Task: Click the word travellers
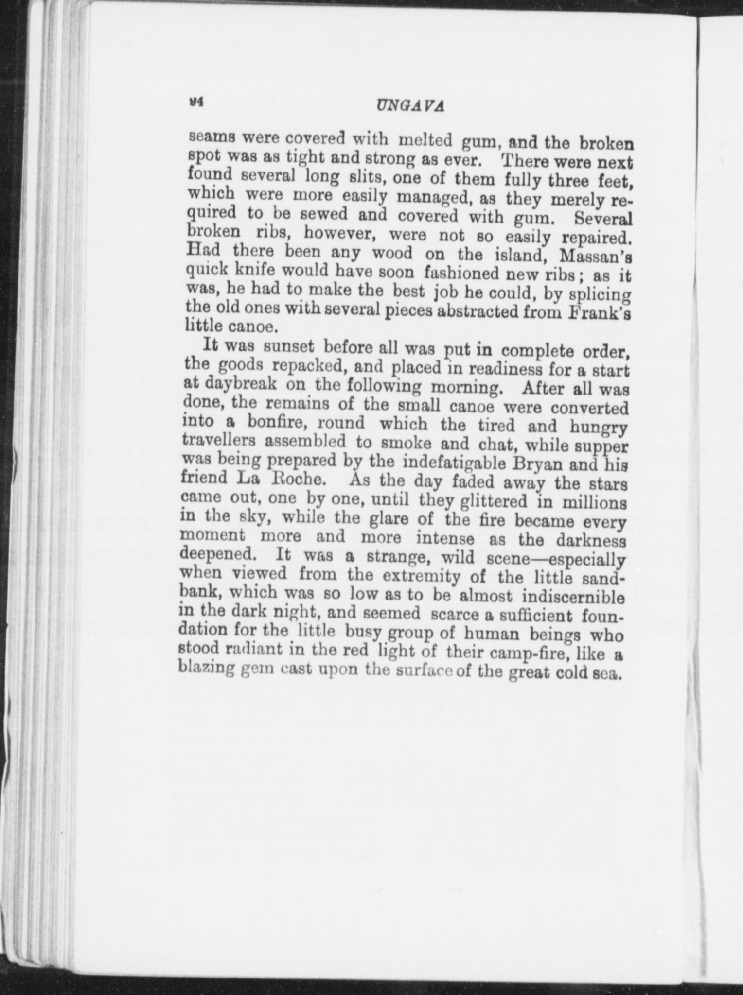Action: (219, 441)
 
